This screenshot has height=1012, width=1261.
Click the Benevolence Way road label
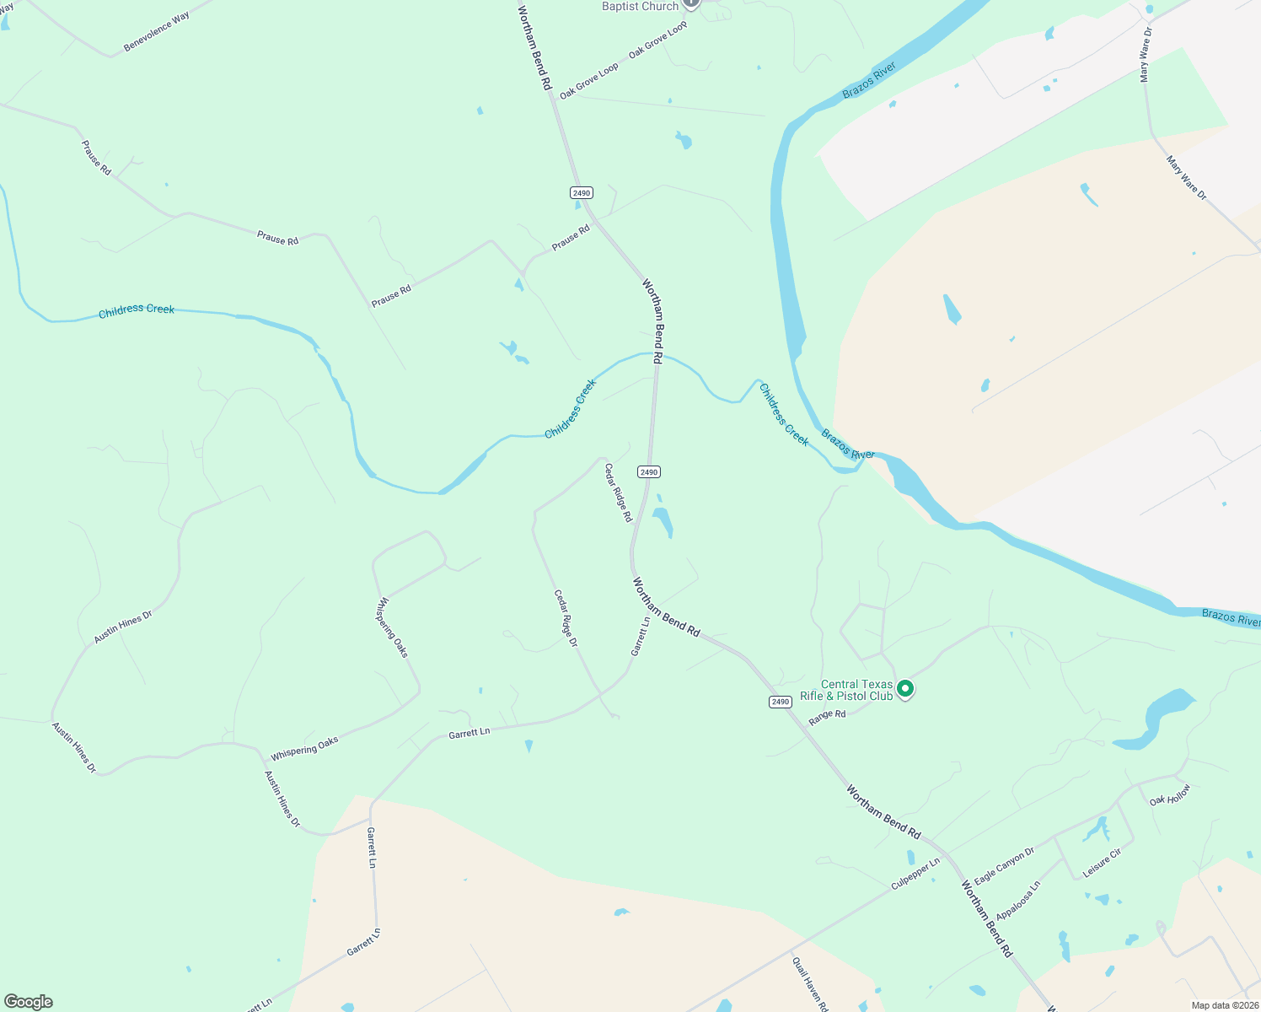(x=157, y=32)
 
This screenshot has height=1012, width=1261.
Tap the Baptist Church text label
(x=640, y=7)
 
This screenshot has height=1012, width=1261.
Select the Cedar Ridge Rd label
(x=618, y=493)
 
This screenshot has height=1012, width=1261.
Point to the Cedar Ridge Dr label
(x=566, y=618)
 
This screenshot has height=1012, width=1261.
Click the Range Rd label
(x=827, y=717)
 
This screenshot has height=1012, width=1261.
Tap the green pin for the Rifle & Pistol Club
(x=905, y=689)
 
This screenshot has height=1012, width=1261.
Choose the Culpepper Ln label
(x=915, y=875)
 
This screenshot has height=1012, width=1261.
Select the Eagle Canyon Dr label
(x=1004, y=866)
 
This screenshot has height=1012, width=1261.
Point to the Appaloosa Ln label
(x=1018, y=901)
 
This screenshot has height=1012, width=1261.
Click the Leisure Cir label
(x=1102, y=863)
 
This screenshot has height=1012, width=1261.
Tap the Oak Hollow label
(x=1170, y=795)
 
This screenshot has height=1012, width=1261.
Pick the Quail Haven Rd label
(x=810, y=983)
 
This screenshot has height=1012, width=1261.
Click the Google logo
(x=29, y=1002)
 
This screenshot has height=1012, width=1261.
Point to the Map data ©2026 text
(x=1225, y=1005)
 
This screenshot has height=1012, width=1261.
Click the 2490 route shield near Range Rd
(x=780, y=702)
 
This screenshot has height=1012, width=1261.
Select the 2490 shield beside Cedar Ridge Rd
(x=648, y=472)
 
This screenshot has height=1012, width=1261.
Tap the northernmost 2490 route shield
(x=581, y=193)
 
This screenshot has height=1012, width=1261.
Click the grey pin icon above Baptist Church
(x=691, y=3)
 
